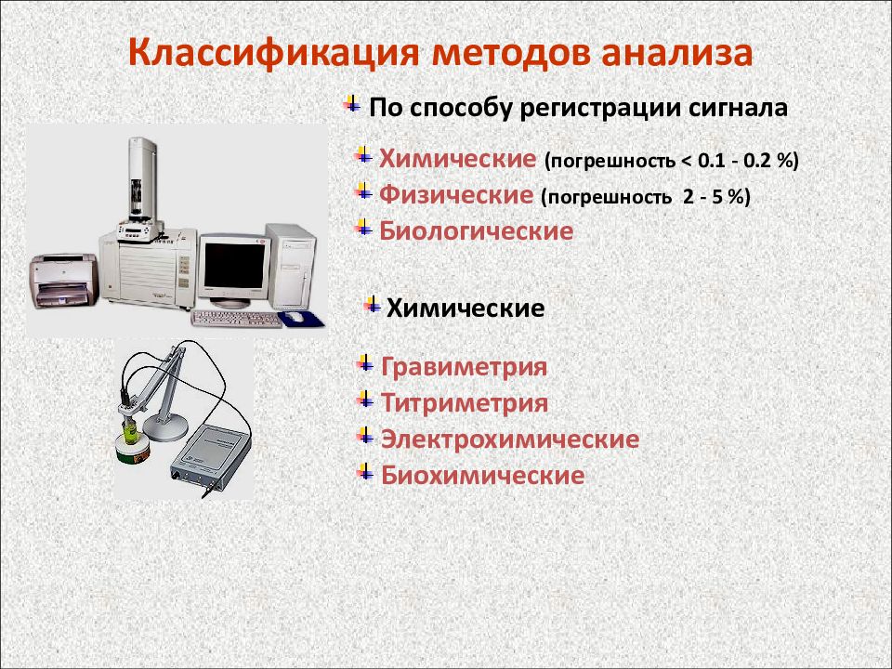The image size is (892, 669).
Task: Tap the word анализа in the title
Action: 676,53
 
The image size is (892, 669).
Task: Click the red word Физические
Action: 456,195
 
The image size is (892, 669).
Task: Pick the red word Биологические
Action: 476,231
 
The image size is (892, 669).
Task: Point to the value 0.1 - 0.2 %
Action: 745,161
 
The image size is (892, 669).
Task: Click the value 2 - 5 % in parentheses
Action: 714,197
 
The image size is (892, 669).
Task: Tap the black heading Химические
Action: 466,308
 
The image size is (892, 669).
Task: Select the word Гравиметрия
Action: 464,367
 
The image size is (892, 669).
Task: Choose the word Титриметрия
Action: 465,403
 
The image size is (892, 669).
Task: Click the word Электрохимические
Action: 510,439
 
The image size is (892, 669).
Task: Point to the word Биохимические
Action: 482,475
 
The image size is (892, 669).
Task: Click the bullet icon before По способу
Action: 352,104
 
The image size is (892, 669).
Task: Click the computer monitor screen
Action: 234,266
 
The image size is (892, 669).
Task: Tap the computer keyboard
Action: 237,319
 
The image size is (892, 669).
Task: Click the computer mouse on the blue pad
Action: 294,317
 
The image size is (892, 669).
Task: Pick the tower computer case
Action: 291,267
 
